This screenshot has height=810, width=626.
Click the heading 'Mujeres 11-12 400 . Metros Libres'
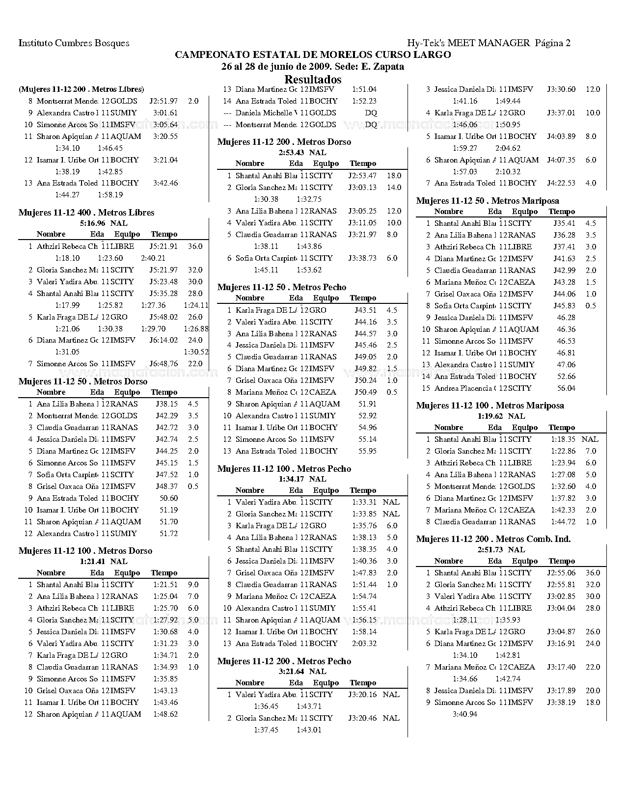[x=86, y=213]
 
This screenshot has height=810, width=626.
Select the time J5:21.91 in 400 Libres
[x=163, y=246]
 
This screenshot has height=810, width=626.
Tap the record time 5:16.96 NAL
[x=103, y=223]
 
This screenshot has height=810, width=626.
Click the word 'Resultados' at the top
[x=313, y=80]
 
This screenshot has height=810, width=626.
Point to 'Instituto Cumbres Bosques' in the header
[x=74, y=43]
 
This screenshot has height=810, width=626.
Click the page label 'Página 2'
[x=553, y=43]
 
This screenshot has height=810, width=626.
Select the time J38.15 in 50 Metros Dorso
[x=166, y=404]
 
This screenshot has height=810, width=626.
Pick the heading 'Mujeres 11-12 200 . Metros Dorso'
[x=284, y=142]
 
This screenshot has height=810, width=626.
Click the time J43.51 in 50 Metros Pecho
[x=365, y=310]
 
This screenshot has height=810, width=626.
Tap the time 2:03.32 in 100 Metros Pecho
[x=364, y=644]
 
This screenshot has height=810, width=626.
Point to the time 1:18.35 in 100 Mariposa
[x=563, y=439]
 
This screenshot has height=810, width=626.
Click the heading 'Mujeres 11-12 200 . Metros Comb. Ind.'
[x=493, y=539]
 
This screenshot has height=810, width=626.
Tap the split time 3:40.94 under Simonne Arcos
[x=464, y=714]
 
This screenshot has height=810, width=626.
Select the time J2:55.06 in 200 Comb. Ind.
[x=561, y=573]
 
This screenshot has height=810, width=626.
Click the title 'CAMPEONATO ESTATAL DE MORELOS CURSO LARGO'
[x=313, y=55]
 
